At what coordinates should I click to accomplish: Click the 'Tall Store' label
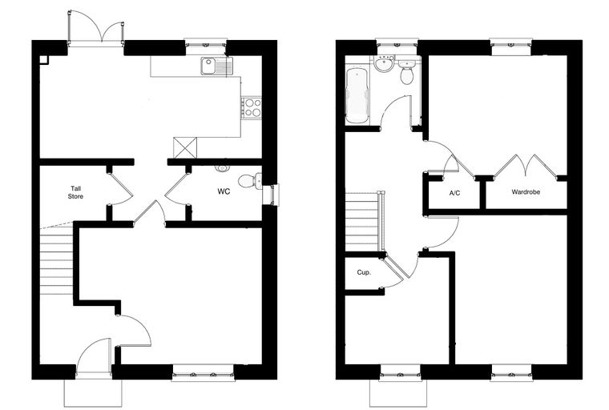click(x=75, y=192)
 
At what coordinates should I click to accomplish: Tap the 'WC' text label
click(x=224, y=191)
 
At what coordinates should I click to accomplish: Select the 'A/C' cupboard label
click(x=454, y=193)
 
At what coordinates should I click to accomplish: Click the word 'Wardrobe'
click(x=526, y=192)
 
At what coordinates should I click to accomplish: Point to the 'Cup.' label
click(x=364, y=272)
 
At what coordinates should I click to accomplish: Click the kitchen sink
click(x=216, y=66)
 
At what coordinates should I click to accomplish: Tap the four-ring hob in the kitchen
click(x=251, y=107)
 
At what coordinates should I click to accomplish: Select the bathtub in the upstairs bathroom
click(x=357, y=96)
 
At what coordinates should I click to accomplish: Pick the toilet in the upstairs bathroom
click(x=406, y=72)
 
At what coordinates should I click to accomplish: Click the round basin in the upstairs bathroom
click(x=385, y=64)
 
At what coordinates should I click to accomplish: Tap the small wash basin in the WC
click(x=222, y=168)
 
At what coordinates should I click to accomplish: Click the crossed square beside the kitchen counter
click(x=185, y=148)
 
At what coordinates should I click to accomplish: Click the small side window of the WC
click(x=270, y=195)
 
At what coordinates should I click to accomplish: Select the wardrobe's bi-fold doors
click(x=526, y=166)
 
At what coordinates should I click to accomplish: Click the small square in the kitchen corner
click(x=44, y=59)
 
